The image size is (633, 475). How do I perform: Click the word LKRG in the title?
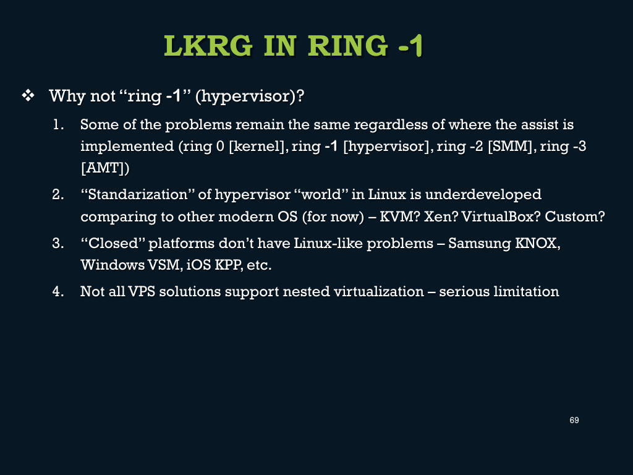pyautogui.click(x=208, y=46)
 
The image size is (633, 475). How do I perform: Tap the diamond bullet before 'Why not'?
pyautogui.click(x=28, y=96)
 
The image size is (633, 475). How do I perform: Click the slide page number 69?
pyautogui.click(x=574, y=421)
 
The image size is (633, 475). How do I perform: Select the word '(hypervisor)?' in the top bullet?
pyautogui.click(x=250, y=96)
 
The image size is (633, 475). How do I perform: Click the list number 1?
pyautogui.click(x=58, y=125)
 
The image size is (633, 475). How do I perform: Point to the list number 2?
pyautogui.click(x=58, y=195)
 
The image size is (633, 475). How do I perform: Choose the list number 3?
pyautogui.click(x=58, y=243)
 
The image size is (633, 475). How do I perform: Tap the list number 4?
pyautogui.click(x=58, y=292)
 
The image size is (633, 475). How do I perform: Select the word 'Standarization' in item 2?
pyautogui.click(x=138, y=195)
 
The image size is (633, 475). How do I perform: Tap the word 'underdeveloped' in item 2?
pyautogui.click(x=483, y=195)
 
